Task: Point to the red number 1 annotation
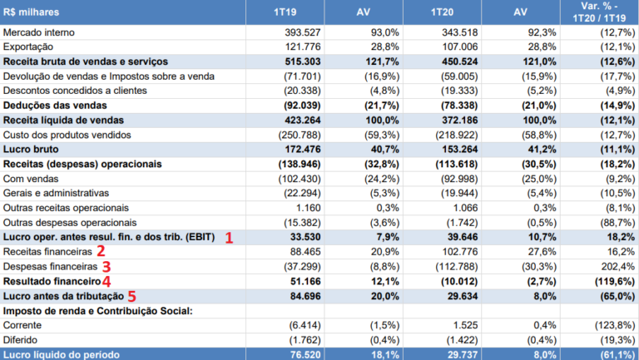point(229,237)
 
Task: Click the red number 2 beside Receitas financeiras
point(101,251)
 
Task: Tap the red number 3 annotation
point(106,266)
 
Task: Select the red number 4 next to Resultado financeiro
point(106,281)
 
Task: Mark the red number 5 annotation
point(130,296)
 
